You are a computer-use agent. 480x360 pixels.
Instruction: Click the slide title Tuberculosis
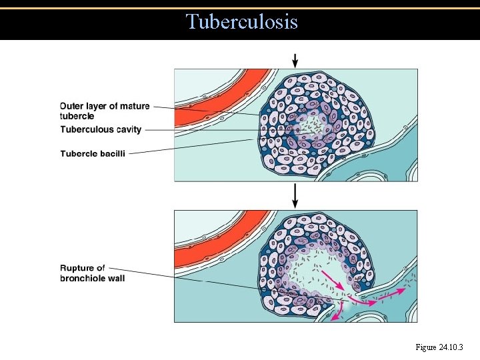click(x=242, y=22)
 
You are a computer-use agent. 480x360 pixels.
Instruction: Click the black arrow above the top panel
click(x=295, y=59)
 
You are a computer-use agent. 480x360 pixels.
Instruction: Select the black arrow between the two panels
click(x=295, y=195)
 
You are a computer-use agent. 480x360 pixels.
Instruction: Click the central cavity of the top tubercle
click(x=307, y=123)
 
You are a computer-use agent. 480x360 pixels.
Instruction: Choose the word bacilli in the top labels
click(x=110, y=153)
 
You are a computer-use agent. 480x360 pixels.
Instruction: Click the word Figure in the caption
click(x=425, y=347)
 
